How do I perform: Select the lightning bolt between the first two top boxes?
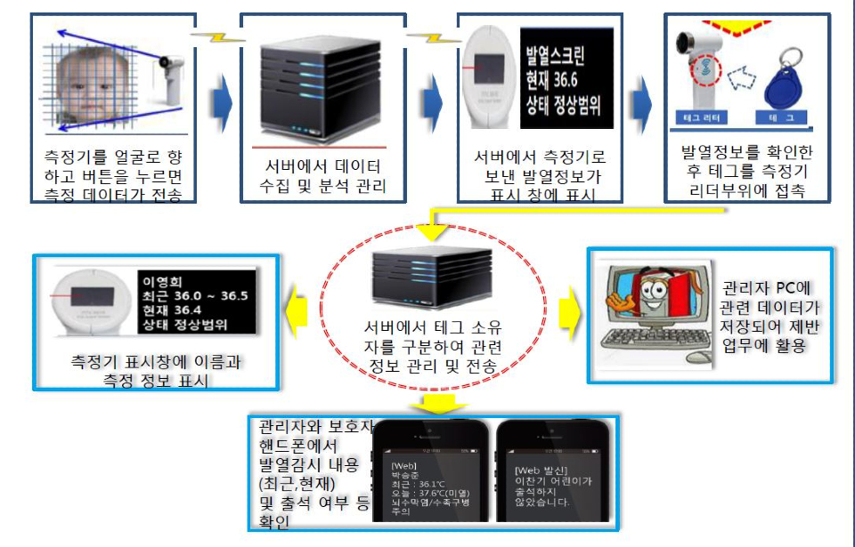(213, 37)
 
